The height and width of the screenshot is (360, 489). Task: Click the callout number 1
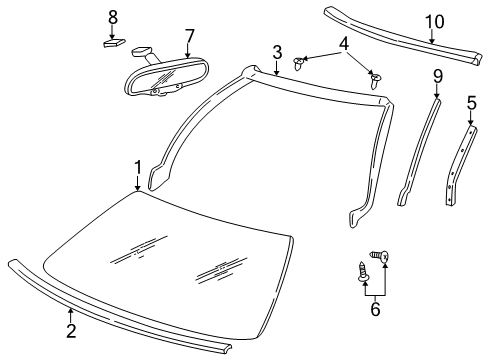click(138, 168)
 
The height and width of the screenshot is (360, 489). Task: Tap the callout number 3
click(276, 52)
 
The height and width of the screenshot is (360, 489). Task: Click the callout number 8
click(112, 17)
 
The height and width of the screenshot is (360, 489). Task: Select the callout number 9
click(437, 76)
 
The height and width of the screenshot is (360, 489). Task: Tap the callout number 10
click(431, 21)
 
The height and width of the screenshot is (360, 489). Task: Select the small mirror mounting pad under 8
click(113, 43)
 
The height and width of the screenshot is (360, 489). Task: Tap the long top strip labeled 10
click(400, 36)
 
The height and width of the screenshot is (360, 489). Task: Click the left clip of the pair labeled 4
click(299, 64)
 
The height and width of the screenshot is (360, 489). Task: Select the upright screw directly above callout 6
click(362, 271)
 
